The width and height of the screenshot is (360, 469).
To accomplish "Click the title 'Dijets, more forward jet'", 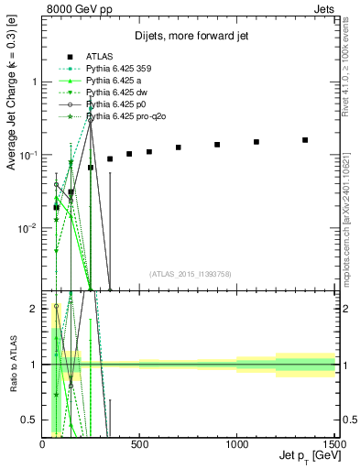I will point(191,37).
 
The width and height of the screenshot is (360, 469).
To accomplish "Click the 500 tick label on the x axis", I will point(140,444).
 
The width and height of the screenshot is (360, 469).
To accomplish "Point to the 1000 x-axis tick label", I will point(237,444).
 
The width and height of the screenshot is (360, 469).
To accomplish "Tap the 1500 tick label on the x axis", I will point(334,444).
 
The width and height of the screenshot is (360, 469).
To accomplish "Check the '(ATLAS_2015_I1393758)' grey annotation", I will point(191,273).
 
